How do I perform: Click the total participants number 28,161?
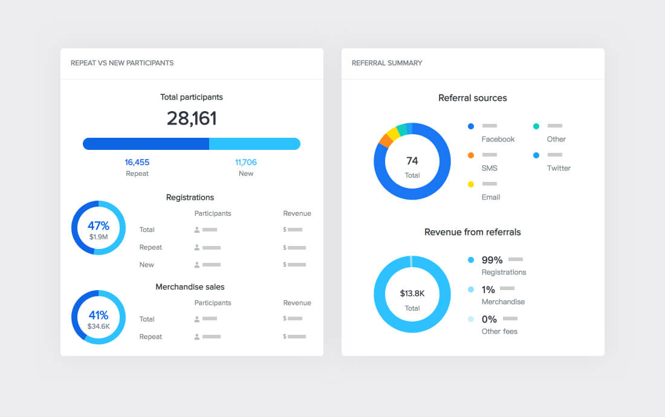point(192,118)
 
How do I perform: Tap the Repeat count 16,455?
point(137,162)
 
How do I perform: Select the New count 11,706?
point(246,162)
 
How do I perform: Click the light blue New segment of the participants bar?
point(254,144)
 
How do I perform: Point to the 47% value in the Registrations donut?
point(99,226)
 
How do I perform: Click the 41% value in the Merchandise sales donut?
point(99,315)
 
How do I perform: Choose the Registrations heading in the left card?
point(190,198)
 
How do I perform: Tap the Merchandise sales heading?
point(190,287)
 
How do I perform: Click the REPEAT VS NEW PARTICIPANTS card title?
point(122,63)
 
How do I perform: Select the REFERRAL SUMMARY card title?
point(387,63)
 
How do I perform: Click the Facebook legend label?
point(498,139)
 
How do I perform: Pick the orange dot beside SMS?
point(471,155)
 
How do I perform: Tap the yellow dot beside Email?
point(471,184)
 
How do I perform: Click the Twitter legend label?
point(559,168)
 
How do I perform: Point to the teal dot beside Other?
point(536,126)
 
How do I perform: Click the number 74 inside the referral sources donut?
point(412,161)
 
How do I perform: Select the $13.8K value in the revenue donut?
point(412,294)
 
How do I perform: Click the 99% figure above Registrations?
point(492,260)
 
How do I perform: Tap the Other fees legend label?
point(499,331)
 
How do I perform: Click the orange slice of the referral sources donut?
point(384,140)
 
